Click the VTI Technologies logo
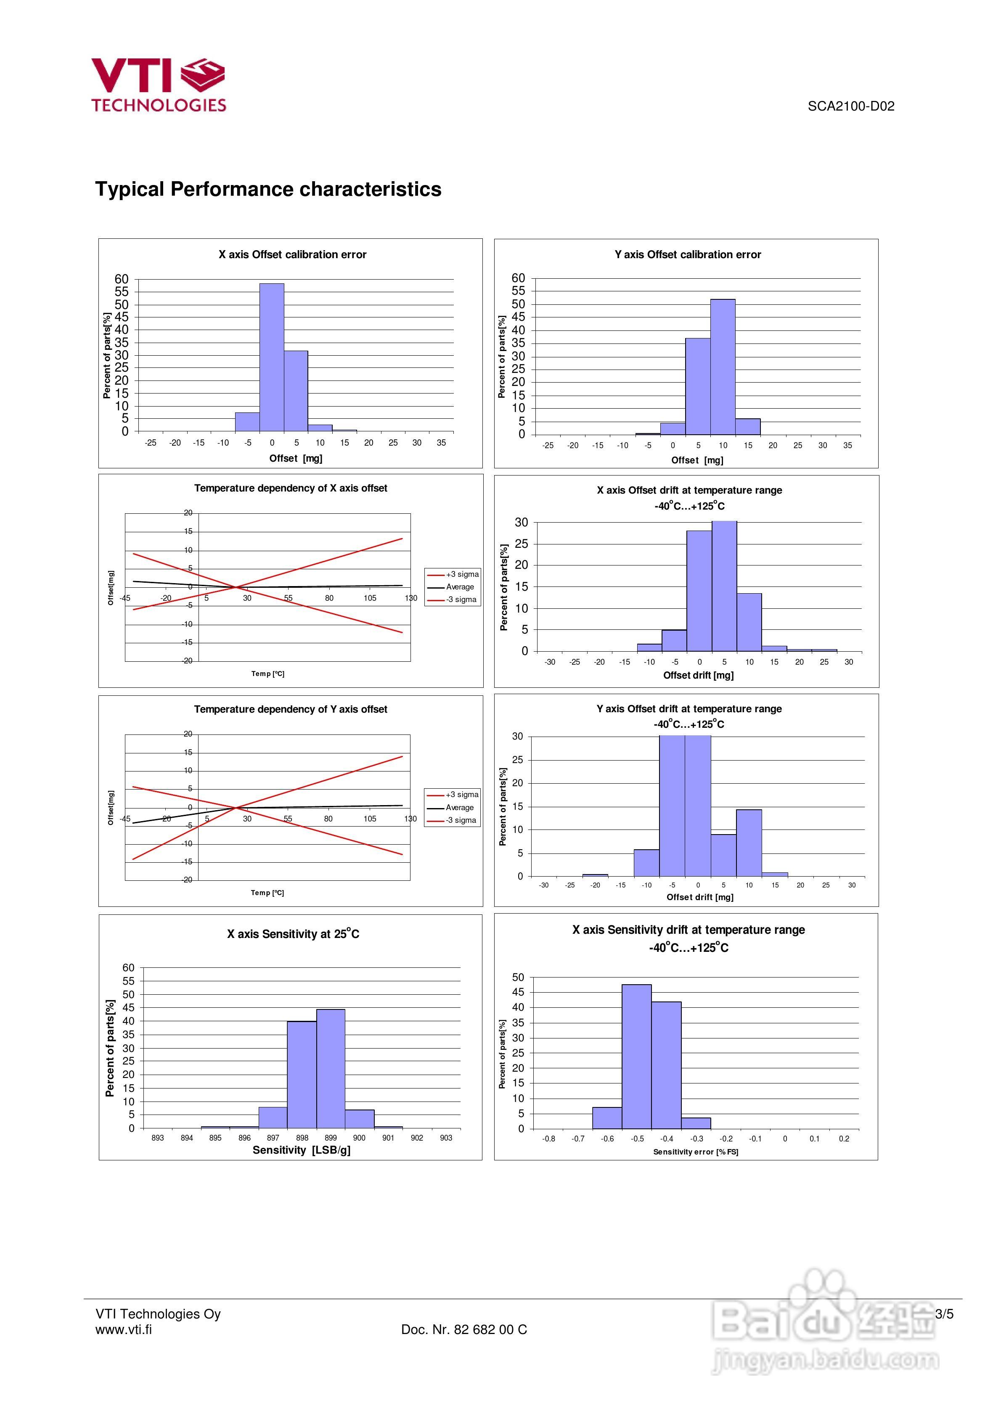click(x=159, y=85)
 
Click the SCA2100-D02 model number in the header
click(x=850, y=106)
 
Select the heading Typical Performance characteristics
click(x=268, y=189)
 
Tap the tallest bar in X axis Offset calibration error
click(x=272, y=358)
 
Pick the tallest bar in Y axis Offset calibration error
click(x=722, y=367)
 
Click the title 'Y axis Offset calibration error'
click(x=688, y=255)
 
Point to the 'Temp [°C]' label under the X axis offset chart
click(x=268, y=674)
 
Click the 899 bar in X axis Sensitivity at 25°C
click(x=331, y=1069)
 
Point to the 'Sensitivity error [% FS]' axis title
click(x=696, y=1152)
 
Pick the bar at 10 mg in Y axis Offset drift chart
click(x=749, y=843)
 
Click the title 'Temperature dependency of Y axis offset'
click(x=291, y=709)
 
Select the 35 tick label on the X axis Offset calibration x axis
click(x=441, y=443)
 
